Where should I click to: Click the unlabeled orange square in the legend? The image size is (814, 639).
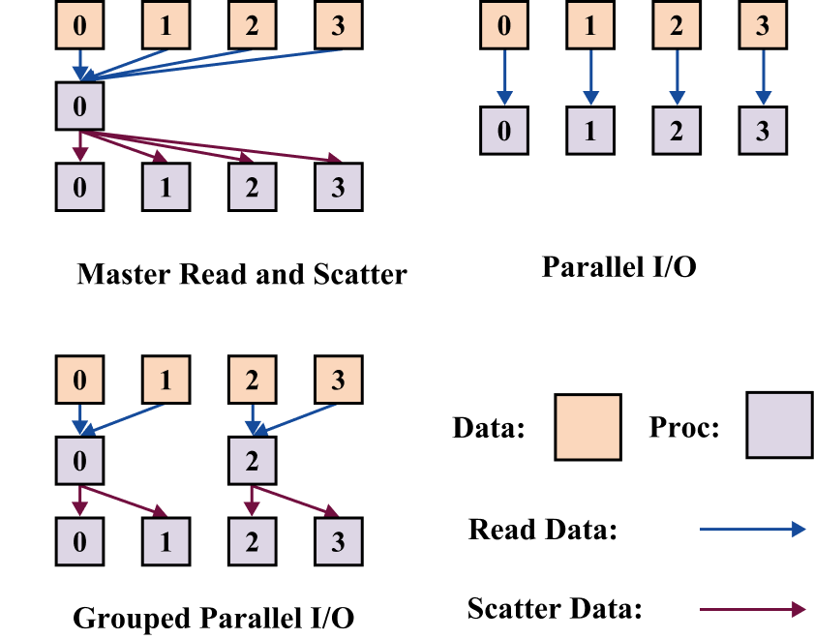point(588,427)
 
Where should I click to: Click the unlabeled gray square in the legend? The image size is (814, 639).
point(779,425)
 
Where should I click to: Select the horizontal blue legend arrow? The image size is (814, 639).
point(752,529)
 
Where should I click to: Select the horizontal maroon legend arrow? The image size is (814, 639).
point(752,609)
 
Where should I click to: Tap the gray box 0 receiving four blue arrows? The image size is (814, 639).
point(79,106)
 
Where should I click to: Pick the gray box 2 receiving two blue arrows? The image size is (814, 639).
point(252,460)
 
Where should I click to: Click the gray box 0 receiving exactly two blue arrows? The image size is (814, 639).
point(79,460)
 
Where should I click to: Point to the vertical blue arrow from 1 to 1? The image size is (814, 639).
point(590,76)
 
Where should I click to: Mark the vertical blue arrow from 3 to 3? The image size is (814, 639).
point(763,76)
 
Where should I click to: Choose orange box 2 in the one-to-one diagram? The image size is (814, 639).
point(677,25)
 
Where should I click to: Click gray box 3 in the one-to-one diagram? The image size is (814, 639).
point(763,131)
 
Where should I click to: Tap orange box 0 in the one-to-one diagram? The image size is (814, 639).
point(504,25)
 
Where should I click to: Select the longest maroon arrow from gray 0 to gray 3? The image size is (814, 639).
point(213,145)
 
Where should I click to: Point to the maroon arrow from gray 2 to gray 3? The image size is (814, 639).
point(296,501)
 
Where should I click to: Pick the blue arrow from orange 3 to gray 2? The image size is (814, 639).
point(296,418)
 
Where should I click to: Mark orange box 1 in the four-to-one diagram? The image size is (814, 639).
point(166,25)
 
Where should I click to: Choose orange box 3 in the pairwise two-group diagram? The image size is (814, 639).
point(338,379)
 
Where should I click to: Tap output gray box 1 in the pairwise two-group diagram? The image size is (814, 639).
point(166,541)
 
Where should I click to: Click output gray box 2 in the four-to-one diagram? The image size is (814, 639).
point(252,187)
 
